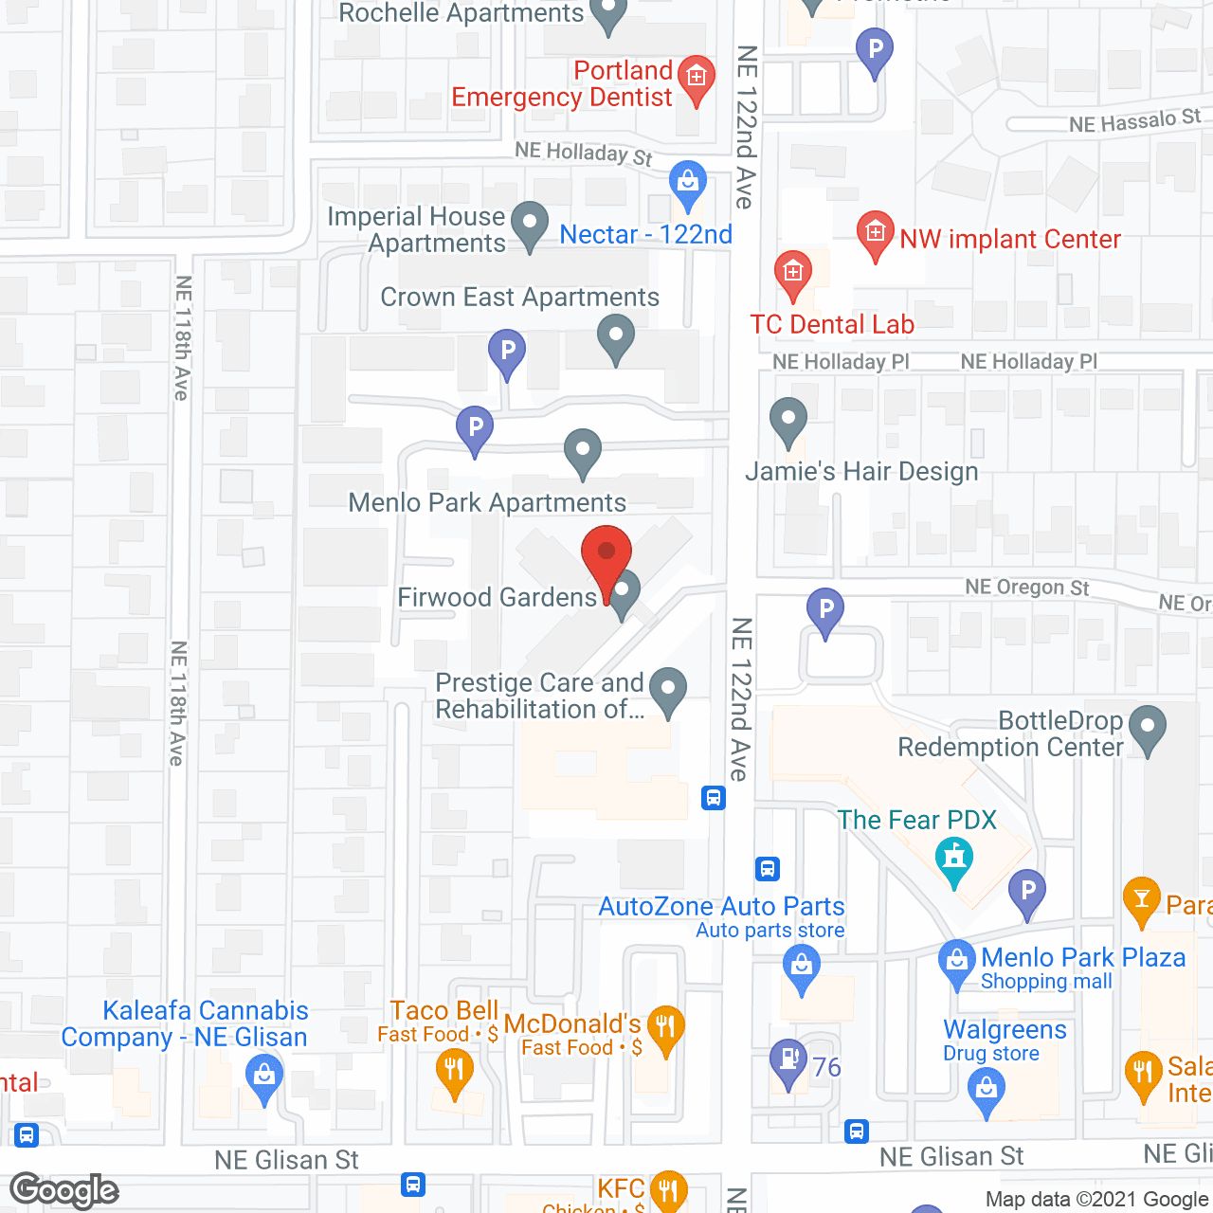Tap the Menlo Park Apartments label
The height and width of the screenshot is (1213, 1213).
pos(487,502)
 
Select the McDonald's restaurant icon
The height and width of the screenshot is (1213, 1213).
pos(666,1029)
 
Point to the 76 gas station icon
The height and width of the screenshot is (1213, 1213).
pos(788,1062)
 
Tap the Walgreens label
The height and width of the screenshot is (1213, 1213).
pos(1005,1029)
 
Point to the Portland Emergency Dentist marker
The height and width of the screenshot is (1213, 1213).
pos(697,77)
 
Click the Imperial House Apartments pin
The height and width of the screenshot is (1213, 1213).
pos(530,225)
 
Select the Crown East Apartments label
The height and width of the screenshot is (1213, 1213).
pos(519,298)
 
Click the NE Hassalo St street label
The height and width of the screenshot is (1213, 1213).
pos(1134,121)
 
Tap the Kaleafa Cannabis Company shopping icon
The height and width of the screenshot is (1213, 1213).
pos(264,1078)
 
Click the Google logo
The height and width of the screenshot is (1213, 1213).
pos(63,1190)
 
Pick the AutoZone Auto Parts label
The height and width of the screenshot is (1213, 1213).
pos(721,907)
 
